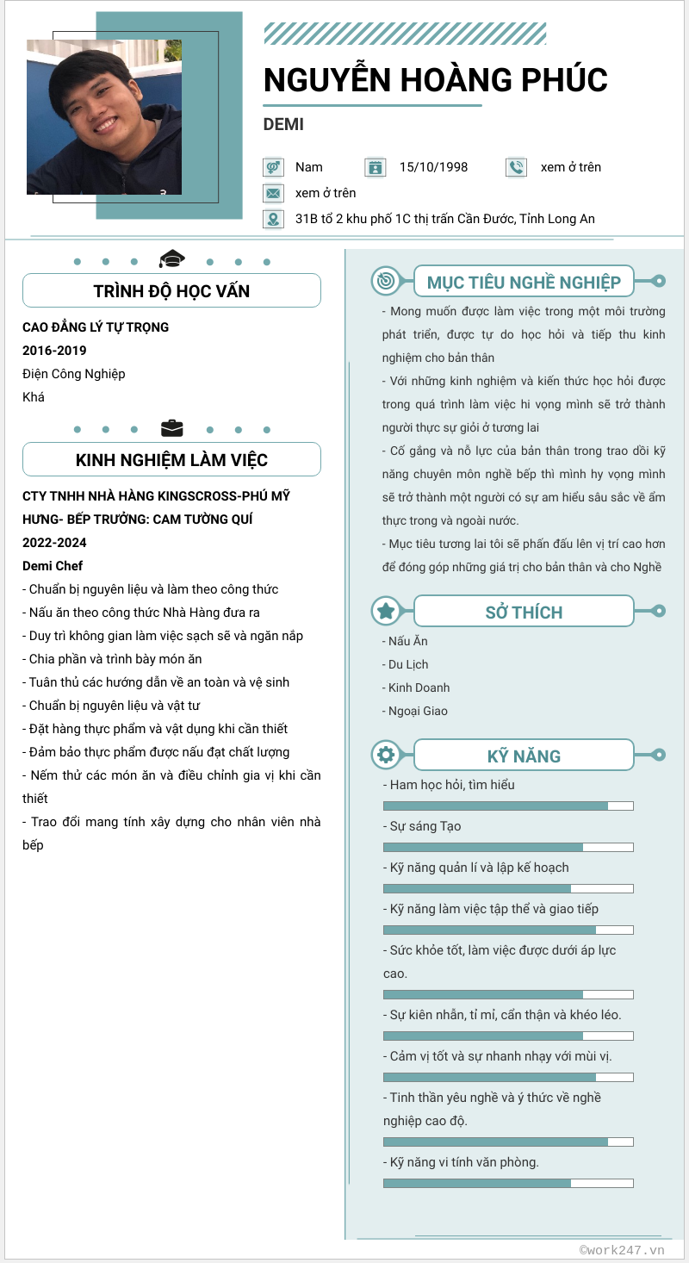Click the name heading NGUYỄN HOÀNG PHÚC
435,79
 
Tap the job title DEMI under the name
283,124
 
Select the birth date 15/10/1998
433,167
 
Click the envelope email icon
273,193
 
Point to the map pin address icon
273,219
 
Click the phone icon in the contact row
515,167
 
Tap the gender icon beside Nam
273,167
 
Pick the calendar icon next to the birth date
375,167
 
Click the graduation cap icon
172,258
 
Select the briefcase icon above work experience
172,428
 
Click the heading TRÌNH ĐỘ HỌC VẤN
171,291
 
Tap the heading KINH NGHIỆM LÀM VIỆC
171,460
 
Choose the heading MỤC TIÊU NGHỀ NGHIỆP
524,283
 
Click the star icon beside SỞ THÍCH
386,611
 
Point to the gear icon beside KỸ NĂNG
386,756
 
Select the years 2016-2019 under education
54,351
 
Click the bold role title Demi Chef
53,566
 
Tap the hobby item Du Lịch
408,664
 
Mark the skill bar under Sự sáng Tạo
507,847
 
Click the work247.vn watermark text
622,1249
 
